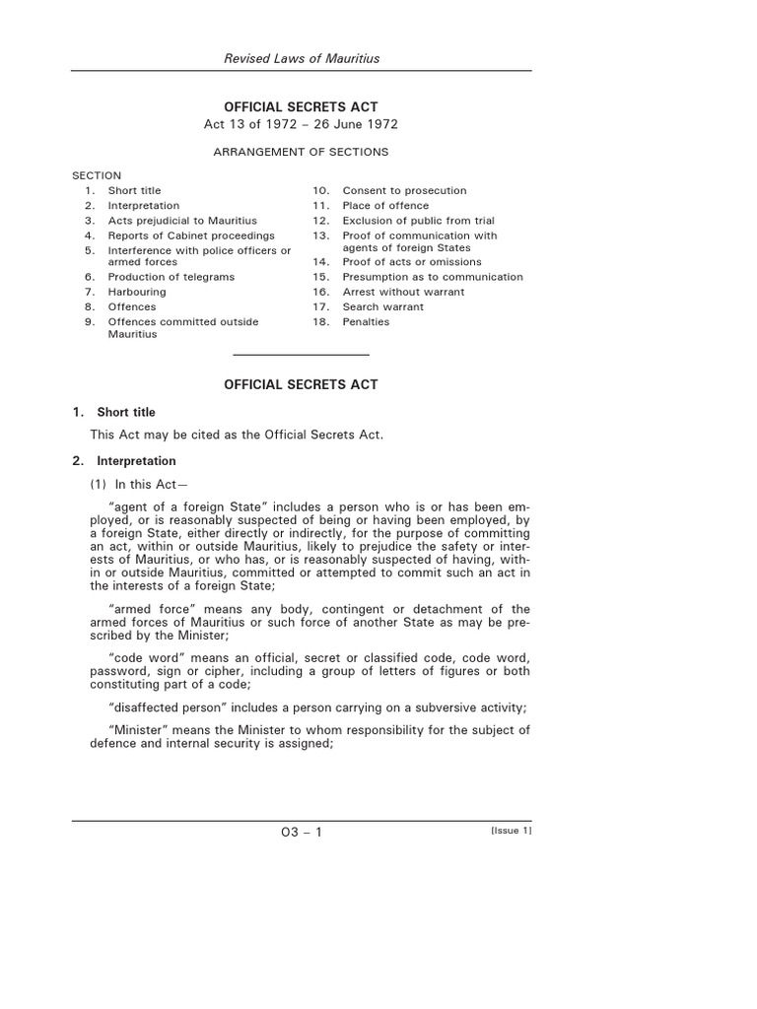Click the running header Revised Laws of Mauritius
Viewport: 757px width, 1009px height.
pyautogui.click(x=302, y=59)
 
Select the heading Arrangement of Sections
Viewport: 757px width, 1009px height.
pyautogui.click(x=301, y=152)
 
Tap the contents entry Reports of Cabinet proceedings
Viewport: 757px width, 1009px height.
pyautogui.click(x=191, y=235)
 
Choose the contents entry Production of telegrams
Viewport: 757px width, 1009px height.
pyautogui.click(x=172, y=277)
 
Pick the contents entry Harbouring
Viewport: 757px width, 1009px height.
pyautogui.click(x=137, y=292)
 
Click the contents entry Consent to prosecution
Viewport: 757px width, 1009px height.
pyautogui.click(x=404, y=190)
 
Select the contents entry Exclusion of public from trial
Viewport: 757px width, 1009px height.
pyautogui.click(x=418, y=221)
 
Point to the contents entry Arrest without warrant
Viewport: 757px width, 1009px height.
pyautogui.click(x=403, y=292)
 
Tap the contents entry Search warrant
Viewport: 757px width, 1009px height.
pyautogui.click(x=383, y=306)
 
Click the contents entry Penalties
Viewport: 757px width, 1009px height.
pyautogui.click(x=366, y=322)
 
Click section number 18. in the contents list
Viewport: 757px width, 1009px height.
pyautogui.click(x=321, y=322)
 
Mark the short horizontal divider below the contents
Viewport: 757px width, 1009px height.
pyautogui.click(x=301, y=354)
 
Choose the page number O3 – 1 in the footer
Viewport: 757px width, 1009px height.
pyautogui.click(x=302, y=833)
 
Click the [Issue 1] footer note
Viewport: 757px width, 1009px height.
pyautogui.click(x=511, y=831)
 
